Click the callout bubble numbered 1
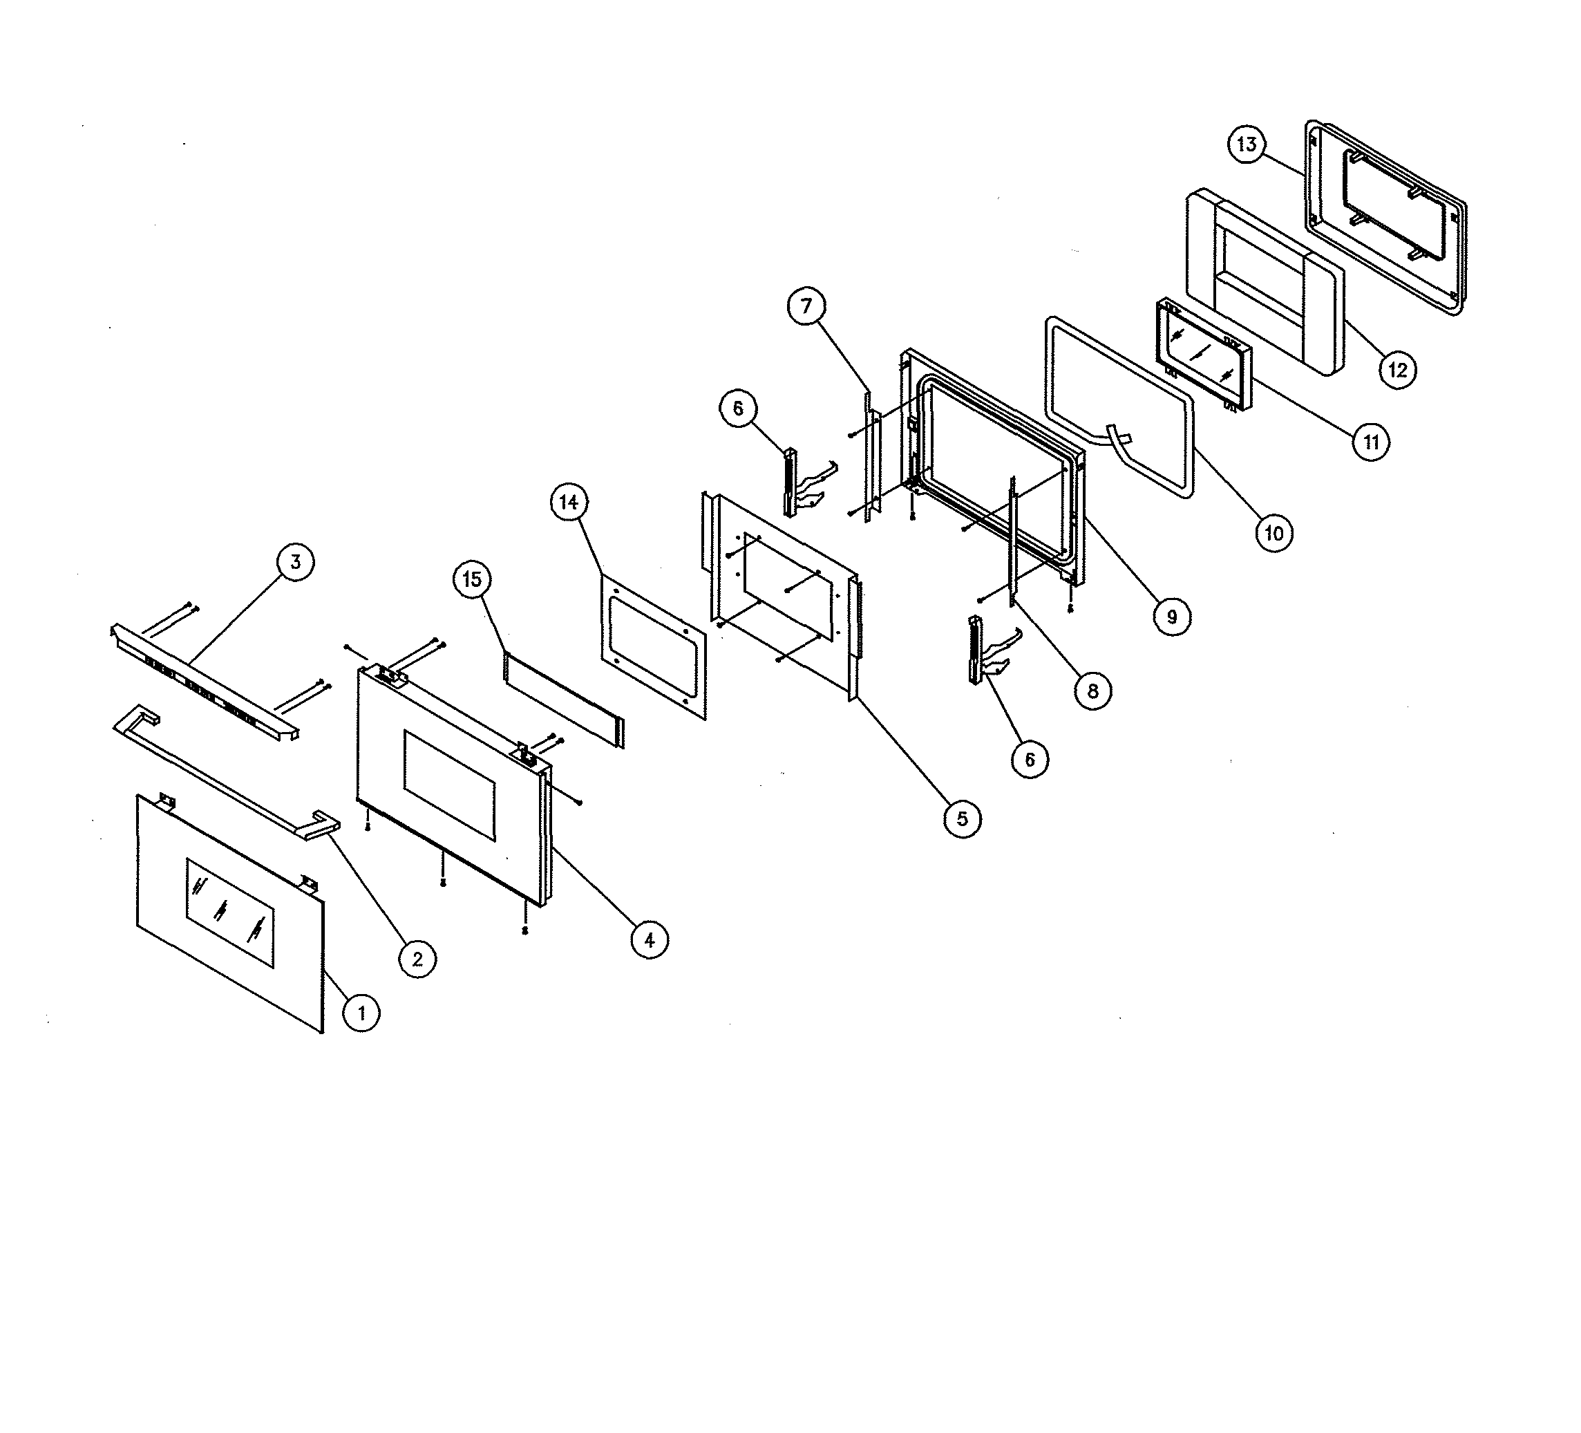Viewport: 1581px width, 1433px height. tap(361, 1013)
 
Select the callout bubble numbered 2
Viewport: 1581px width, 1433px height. tap(417, 959)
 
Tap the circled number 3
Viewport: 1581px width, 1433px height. tap(296, 563)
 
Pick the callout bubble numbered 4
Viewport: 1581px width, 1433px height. tap(650, 939)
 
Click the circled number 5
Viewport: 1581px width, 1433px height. tap(963, 819)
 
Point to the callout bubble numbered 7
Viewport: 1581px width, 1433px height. tap(807, 306)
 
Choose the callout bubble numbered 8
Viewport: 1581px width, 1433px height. tap(1093, 691)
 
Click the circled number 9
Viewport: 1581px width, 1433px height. tap(1173, 617)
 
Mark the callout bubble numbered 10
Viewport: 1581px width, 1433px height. tap(1274, 534)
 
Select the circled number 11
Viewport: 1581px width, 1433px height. tap(1371, 442)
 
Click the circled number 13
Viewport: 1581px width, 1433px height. tap(1247, 144)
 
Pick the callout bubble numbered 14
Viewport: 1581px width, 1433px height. tap(569, 502)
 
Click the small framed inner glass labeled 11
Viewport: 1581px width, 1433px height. tap(1204, 354)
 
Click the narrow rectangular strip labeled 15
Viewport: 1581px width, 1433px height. tap(565, 698)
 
